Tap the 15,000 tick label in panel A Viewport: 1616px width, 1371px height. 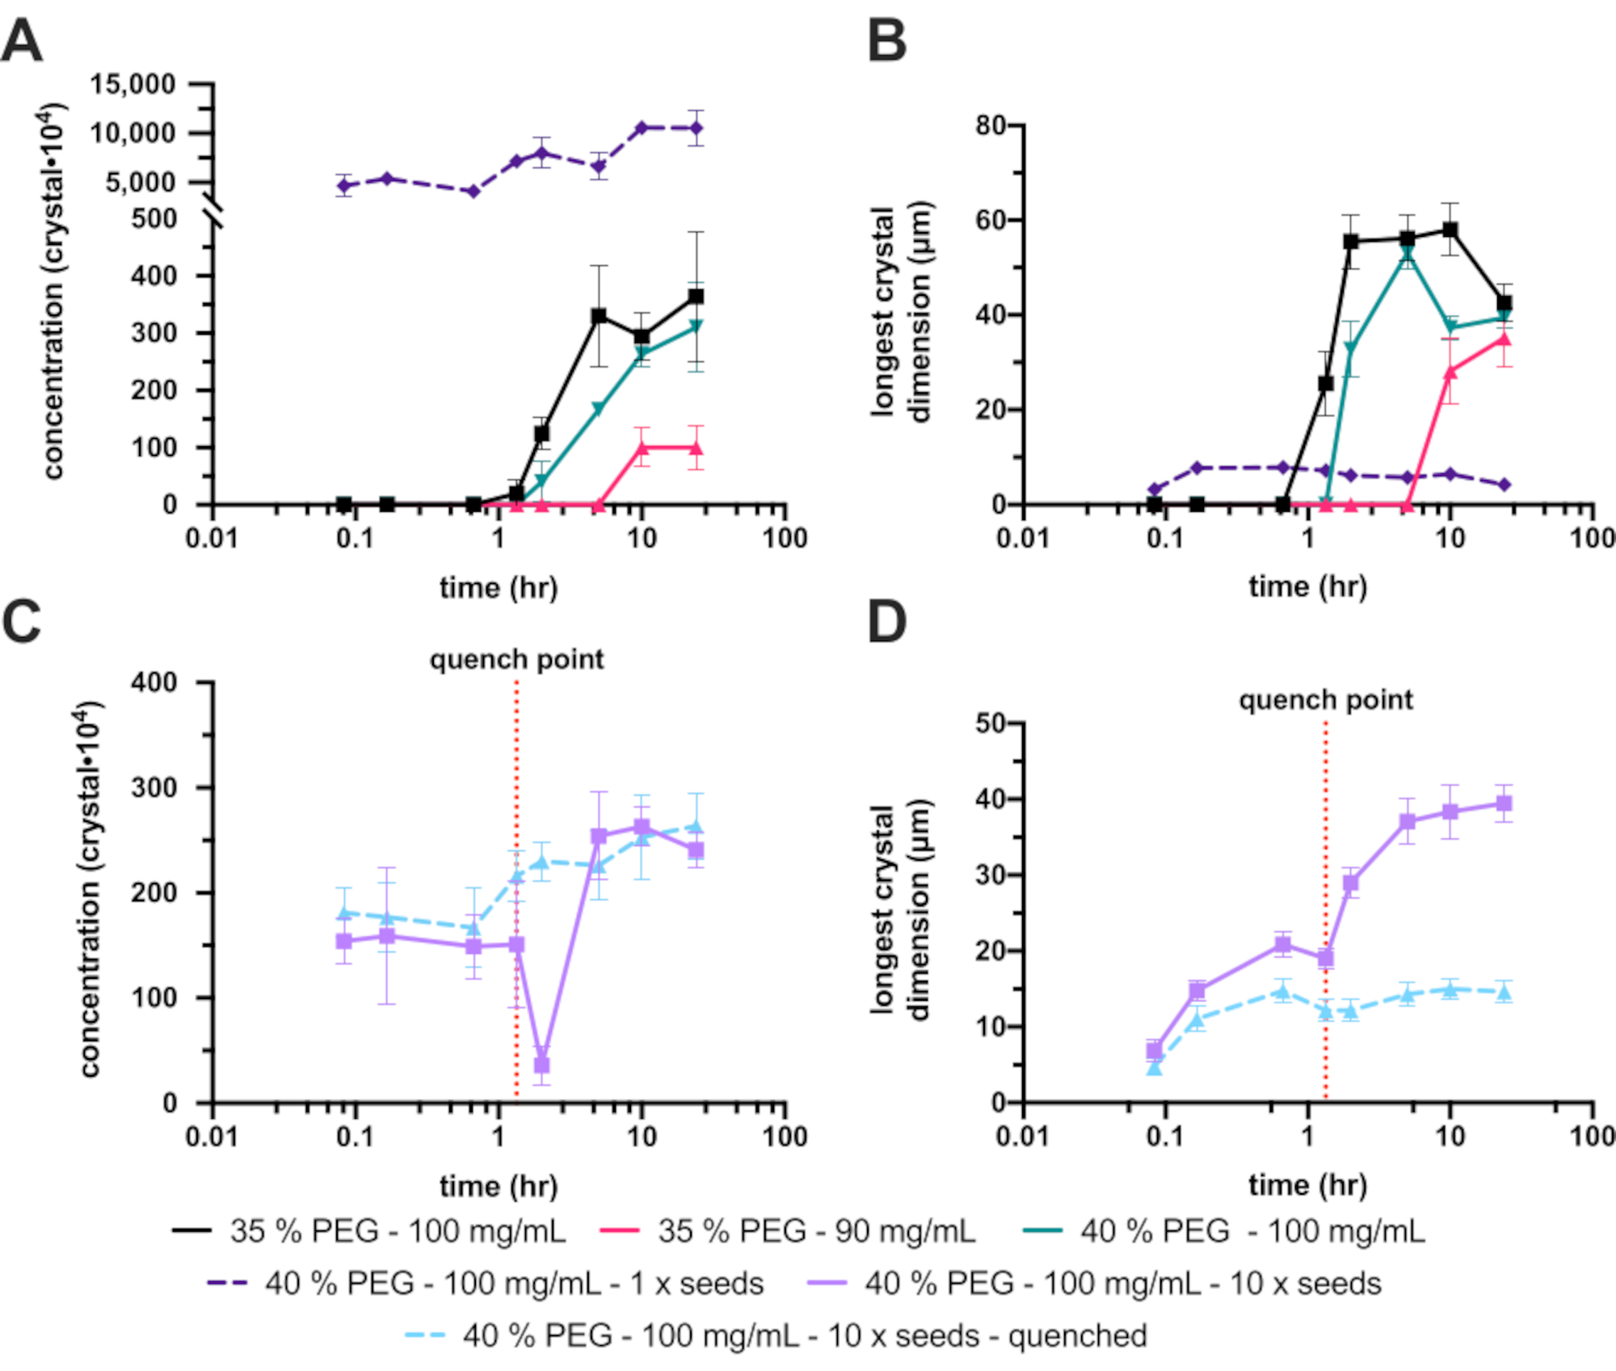click(x=133, y=84)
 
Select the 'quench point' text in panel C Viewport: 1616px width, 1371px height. click(x=516, y=660)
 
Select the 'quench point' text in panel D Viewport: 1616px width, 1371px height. click(x=1326, y=699)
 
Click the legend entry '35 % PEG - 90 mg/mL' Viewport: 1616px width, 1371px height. click(x=788, y=1231)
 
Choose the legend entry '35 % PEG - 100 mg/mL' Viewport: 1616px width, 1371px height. click(x=368, y=1231)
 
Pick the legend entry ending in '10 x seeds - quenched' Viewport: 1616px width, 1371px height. click(x=776, y=1335)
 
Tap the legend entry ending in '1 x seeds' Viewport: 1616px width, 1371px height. click(x=485, y=1284)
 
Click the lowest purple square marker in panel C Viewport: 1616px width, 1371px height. click(x=541, y=1065)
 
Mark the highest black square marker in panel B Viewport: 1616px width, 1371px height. click(x=1450, y=230)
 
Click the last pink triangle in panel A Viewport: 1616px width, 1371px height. click(x=696, y=448)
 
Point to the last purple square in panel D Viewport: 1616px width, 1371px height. click(x=1504, y=804)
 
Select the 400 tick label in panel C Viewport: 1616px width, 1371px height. click(x=154, y=682)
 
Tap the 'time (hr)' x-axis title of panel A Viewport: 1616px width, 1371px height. click(x=499, y=588)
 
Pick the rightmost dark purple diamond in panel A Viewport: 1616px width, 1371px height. click(x=696, y=128)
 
